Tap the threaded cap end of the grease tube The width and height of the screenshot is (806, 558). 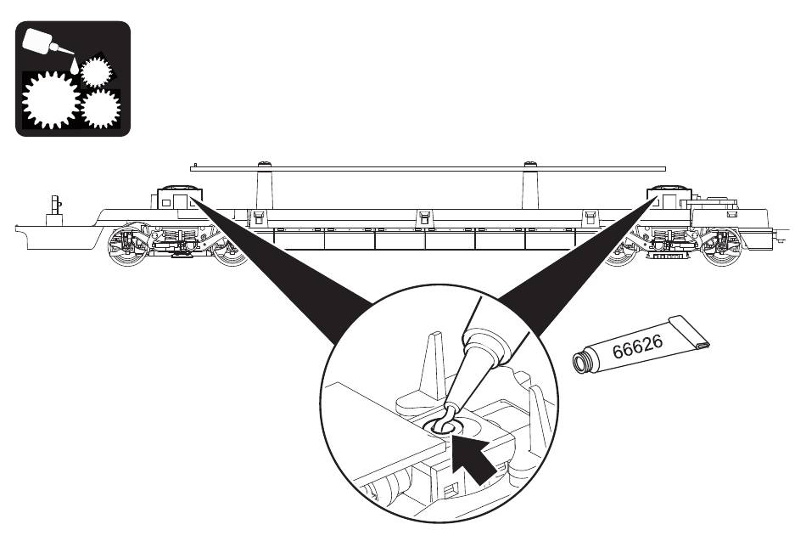(x=580, y=362)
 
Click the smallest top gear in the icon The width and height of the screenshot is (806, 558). (x=96, y=72)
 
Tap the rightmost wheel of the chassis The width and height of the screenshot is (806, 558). (x=721, y=248)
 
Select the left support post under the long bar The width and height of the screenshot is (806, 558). (x=264, y=186)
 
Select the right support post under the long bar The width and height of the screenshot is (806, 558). (x=530, y=186)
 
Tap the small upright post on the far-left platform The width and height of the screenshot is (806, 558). (x=54, y=211)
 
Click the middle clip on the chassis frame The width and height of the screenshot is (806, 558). (x=423, y=217)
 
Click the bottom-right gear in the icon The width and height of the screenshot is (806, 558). (x=101, y=109)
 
